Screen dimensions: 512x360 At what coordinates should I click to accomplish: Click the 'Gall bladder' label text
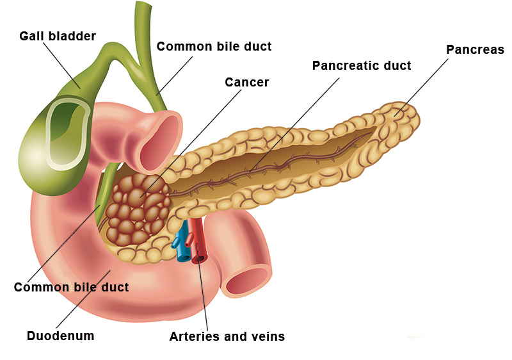pos(58,36)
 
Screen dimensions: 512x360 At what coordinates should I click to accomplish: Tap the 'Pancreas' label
pos(475,50)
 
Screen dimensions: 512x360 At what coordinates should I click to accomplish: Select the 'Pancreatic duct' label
pos(362,66)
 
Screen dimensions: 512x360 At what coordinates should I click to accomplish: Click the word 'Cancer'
pos(247,83)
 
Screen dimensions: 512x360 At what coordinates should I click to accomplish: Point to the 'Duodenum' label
pos(60,336)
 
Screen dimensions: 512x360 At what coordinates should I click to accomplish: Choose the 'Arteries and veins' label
pos(227,336)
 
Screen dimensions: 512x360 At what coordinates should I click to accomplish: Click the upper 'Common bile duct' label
pos(214,46)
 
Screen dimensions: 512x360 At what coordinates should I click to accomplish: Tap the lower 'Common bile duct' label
pos(71,287)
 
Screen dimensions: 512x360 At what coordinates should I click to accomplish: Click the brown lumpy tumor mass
pos(138,209)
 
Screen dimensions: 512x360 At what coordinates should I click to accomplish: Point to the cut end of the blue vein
pos(184,258)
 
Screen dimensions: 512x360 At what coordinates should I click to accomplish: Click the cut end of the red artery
pos(198,259)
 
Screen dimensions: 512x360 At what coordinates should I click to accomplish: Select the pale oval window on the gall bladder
pos(68,134)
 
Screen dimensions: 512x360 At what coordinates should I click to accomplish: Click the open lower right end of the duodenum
pos(247,281)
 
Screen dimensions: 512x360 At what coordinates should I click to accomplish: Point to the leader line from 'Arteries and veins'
pos(202,287)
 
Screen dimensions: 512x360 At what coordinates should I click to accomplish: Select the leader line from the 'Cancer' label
pos(191,143)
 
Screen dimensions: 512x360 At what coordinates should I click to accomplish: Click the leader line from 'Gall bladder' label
pos(61,65)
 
